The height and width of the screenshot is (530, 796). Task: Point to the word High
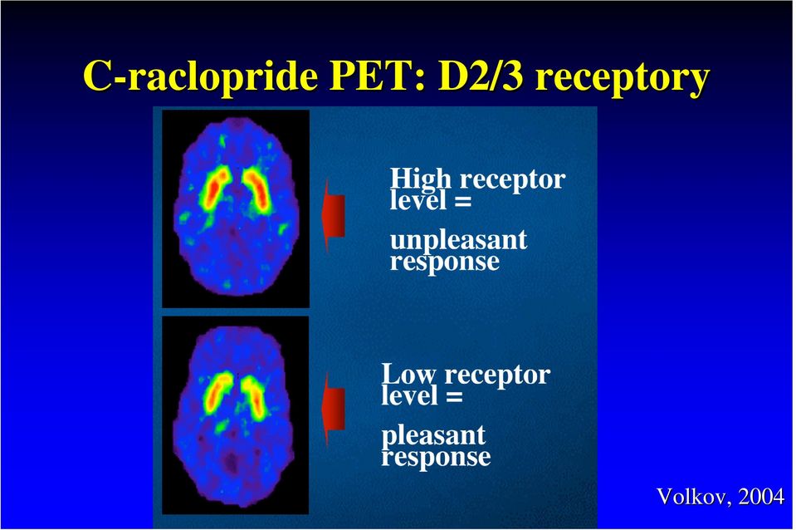pos(420,180)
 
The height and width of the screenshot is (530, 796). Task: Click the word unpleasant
pos(458,242)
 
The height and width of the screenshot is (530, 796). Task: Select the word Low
pos(408,375)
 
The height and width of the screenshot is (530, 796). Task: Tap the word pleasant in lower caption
pos(433,436)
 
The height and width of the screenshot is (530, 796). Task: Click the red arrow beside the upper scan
pos(334,217)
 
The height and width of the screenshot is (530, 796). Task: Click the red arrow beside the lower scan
pos(334,409)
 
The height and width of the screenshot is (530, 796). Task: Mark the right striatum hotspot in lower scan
pos(254,397)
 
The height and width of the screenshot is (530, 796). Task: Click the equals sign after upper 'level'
pos(462,201)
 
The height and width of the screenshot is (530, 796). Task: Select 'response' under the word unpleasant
pos(445,263)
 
